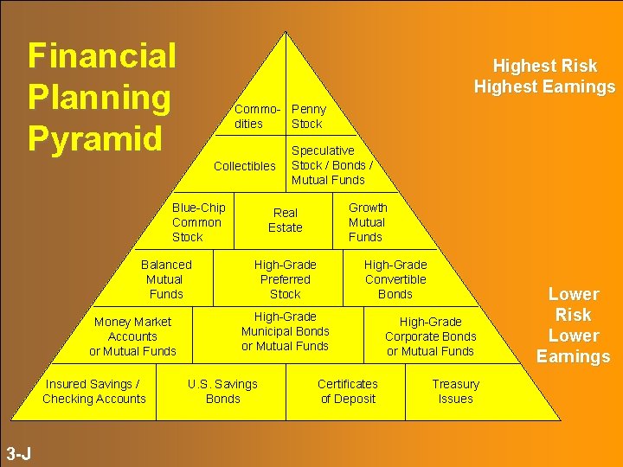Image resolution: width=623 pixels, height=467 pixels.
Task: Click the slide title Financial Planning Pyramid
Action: (102, 97)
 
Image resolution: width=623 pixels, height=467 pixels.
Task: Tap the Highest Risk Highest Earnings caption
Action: (544, 76)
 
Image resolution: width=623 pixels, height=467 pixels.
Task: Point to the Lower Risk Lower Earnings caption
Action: (573, 325)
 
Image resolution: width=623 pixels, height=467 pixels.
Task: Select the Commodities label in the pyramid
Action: (257, 117)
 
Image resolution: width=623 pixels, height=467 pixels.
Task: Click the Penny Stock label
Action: (309, 117)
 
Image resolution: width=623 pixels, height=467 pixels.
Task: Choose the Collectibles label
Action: (245, 166)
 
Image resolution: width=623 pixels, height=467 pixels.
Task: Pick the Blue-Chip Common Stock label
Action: (198, 222)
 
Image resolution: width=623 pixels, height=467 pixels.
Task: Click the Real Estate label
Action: (286, 221)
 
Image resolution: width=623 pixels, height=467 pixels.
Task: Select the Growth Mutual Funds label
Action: (368, 222)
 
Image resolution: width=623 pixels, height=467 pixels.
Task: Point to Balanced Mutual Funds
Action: (166, 279)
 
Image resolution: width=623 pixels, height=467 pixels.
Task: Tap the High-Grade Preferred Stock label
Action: (286, 279)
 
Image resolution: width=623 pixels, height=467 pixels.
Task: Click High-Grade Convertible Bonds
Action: (395, 279)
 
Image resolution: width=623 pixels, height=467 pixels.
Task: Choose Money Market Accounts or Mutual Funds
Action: (132, 336)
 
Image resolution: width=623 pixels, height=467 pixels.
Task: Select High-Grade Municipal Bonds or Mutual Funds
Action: (286, 331)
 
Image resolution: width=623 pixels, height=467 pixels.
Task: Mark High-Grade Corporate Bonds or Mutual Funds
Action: (430, 336)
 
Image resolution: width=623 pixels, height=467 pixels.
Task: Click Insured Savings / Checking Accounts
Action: (94, 392)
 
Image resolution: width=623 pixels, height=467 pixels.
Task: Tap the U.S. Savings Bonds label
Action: (223, 392)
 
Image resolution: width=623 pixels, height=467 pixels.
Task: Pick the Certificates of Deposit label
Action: (348, 392)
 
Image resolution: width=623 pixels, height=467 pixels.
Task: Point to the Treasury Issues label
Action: (456, 392)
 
